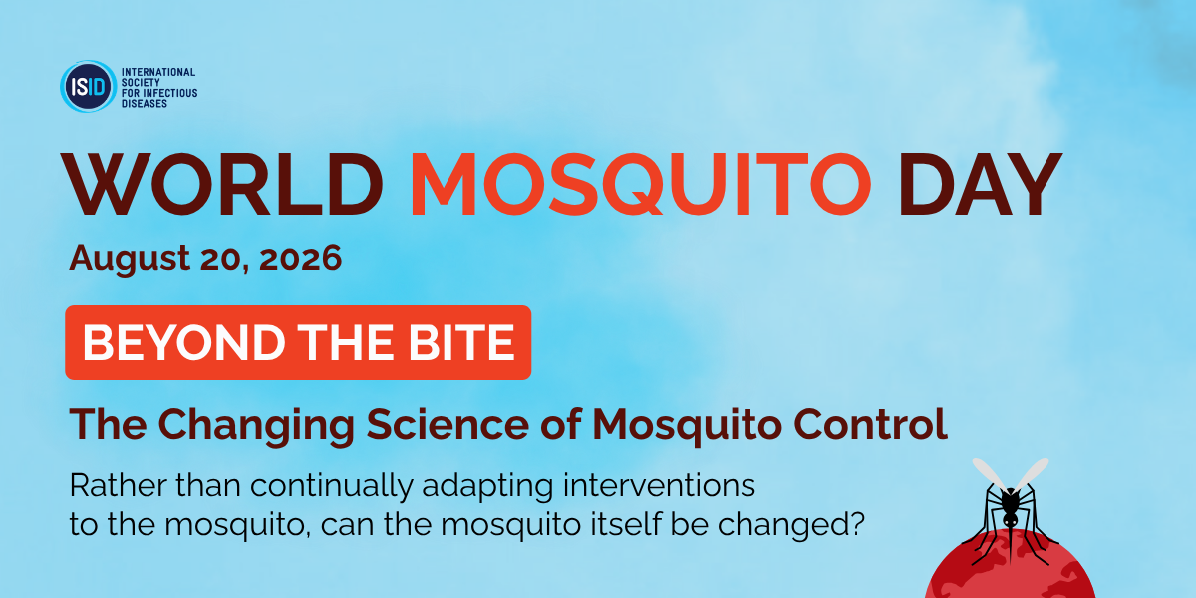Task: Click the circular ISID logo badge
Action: pos(88,86)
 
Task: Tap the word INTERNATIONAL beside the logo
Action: pos(158,72)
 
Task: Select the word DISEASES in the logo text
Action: pos(145,103)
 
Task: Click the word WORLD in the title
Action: pos(222,184)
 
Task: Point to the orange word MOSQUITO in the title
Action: pos(640,184)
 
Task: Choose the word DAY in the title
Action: pos(981,184)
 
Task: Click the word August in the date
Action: pos(130,259)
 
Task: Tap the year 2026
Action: pos(301,258)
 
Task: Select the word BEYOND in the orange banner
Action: pos(184,342)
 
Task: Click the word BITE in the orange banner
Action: pos(461,342)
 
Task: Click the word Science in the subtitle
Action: pos(448,424)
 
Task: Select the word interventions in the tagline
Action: pos(659,486)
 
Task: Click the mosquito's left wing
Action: pos(989,474)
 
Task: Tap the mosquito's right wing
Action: pos(1033,474)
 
